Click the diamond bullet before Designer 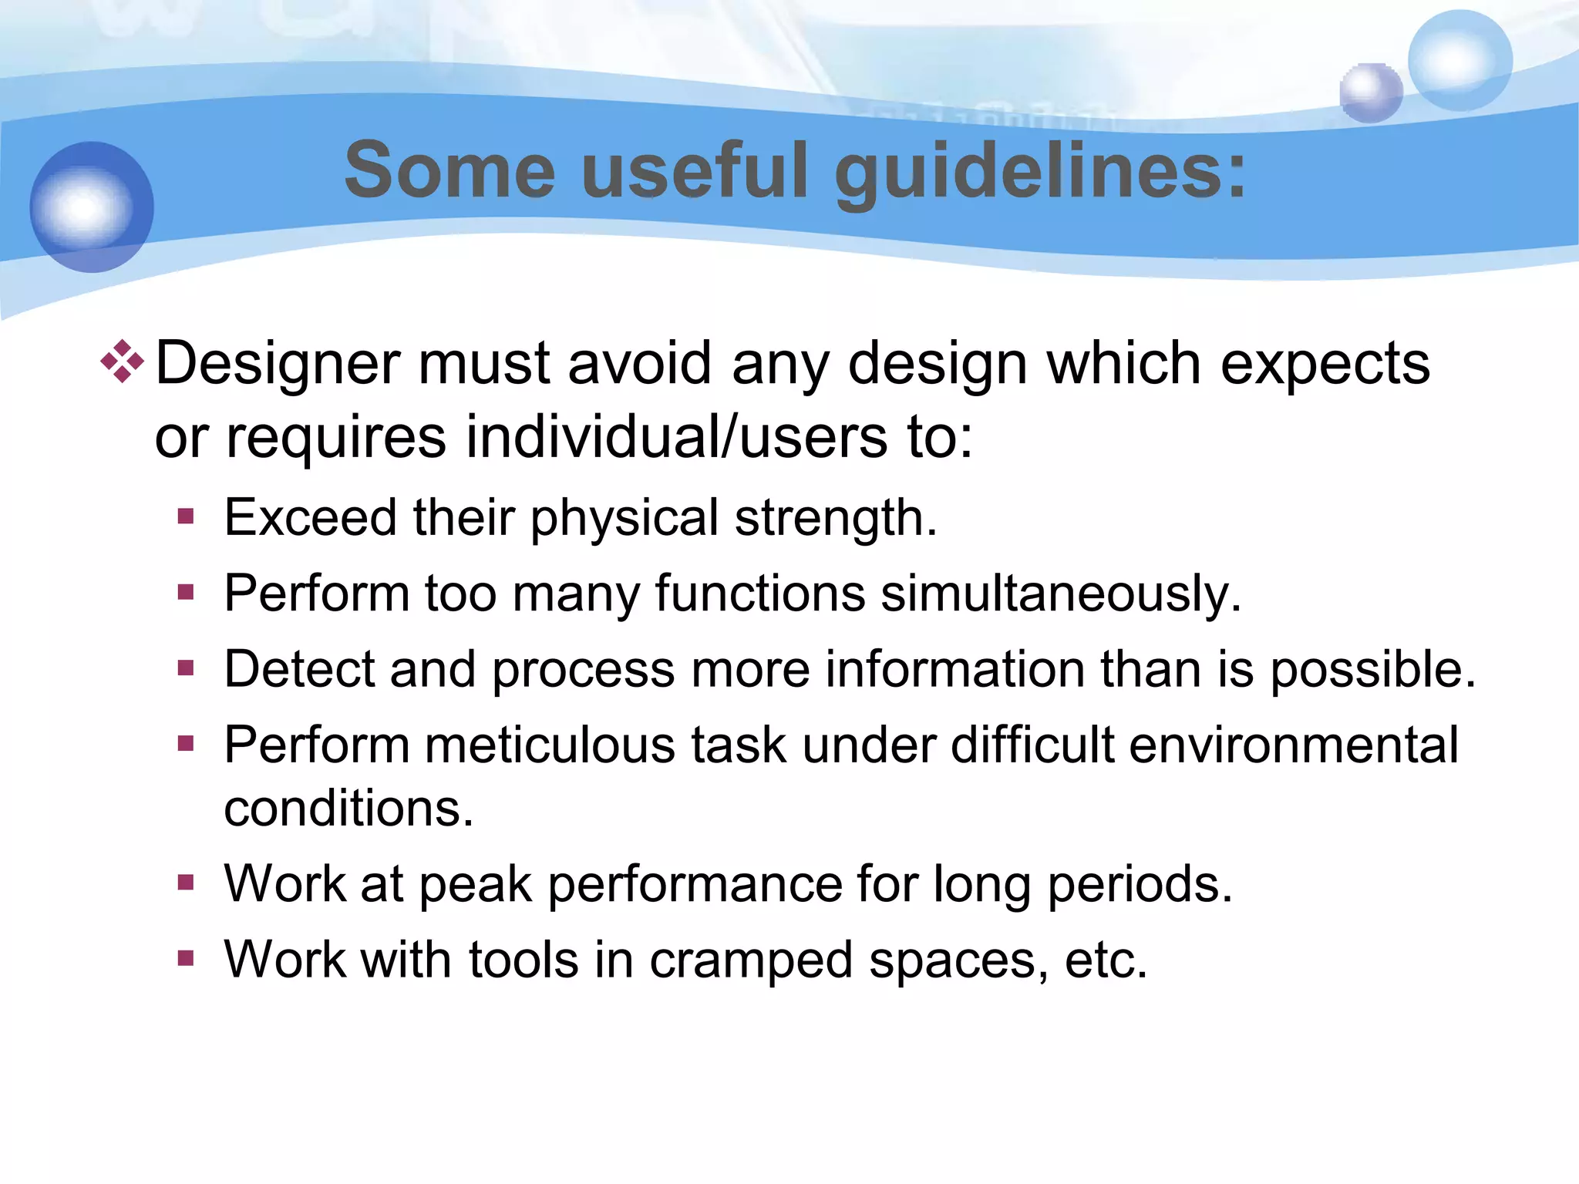(122, 362)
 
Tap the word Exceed (311, 517)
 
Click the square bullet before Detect (185, 668)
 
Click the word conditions (348, 809)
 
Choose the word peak (475, 885)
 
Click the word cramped (750, 960)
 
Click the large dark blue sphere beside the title (92, 207)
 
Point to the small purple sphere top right (1370, 92)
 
